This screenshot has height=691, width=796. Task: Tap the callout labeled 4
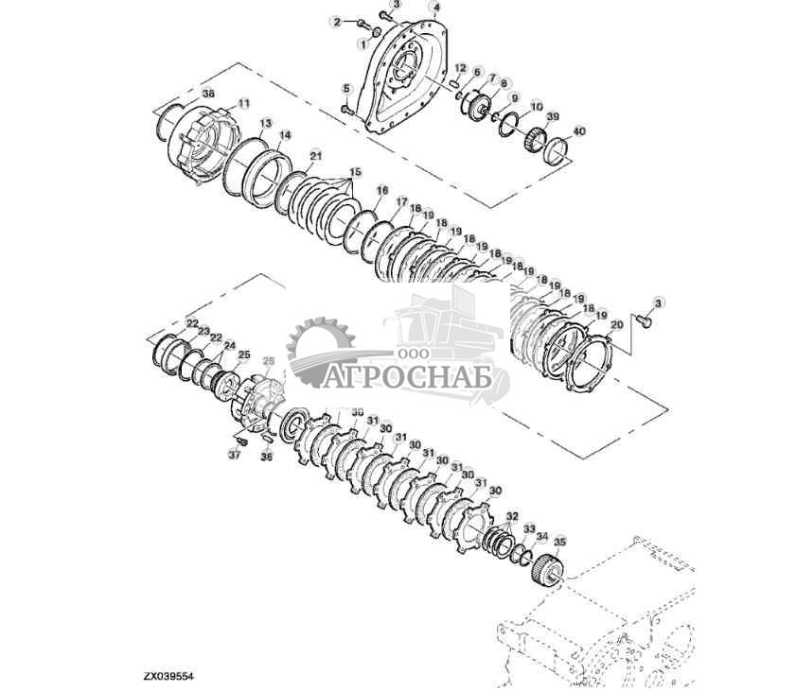[x=435, y=7]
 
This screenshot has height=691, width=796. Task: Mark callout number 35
[x=559, y=542]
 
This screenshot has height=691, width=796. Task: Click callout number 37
[x=234, y=455]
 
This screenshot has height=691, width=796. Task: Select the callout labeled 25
[x=243, y=355]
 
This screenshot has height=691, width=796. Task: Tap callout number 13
[x=266, y=124]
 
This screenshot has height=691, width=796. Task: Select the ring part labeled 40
[x=557, y=151]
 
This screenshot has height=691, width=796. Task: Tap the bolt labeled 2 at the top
[x=363, y=22]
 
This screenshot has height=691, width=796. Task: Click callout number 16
[x=381, y=190]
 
